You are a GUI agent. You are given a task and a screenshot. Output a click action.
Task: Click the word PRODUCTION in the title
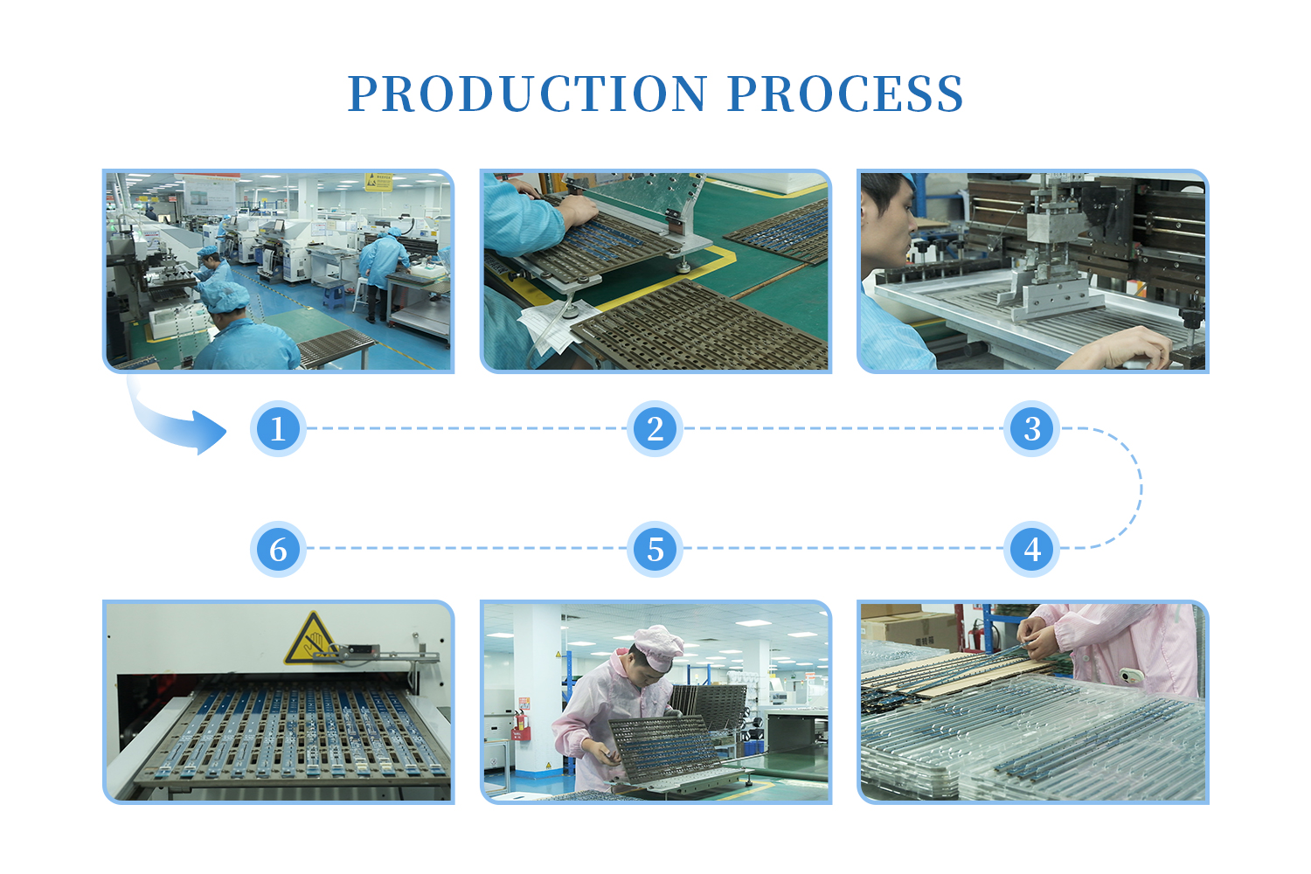528,94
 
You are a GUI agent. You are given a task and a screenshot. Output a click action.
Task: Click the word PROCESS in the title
846,94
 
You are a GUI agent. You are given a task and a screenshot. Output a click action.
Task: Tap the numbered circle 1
278,428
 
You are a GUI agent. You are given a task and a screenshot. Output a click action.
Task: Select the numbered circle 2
655,428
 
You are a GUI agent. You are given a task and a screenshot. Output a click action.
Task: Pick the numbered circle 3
1032,428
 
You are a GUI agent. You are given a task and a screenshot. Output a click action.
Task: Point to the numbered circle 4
1032,549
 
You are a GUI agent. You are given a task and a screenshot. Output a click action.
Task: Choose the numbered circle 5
655,549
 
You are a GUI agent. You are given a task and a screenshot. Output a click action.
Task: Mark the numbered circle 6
278,549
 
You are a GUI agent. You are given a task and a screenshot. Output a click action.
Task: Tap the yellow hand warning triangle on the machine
310,639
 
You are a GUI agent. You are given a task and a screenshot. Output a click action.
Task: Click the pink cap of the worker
660,648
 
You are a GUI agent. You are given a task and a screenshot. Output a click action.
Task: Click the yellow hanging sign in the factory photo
378,182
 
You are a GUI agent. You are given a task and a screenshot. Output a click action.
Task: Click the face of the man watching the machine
889,228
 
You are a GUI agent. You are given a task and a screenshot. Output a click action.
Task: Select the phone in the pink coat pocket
1131,676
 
